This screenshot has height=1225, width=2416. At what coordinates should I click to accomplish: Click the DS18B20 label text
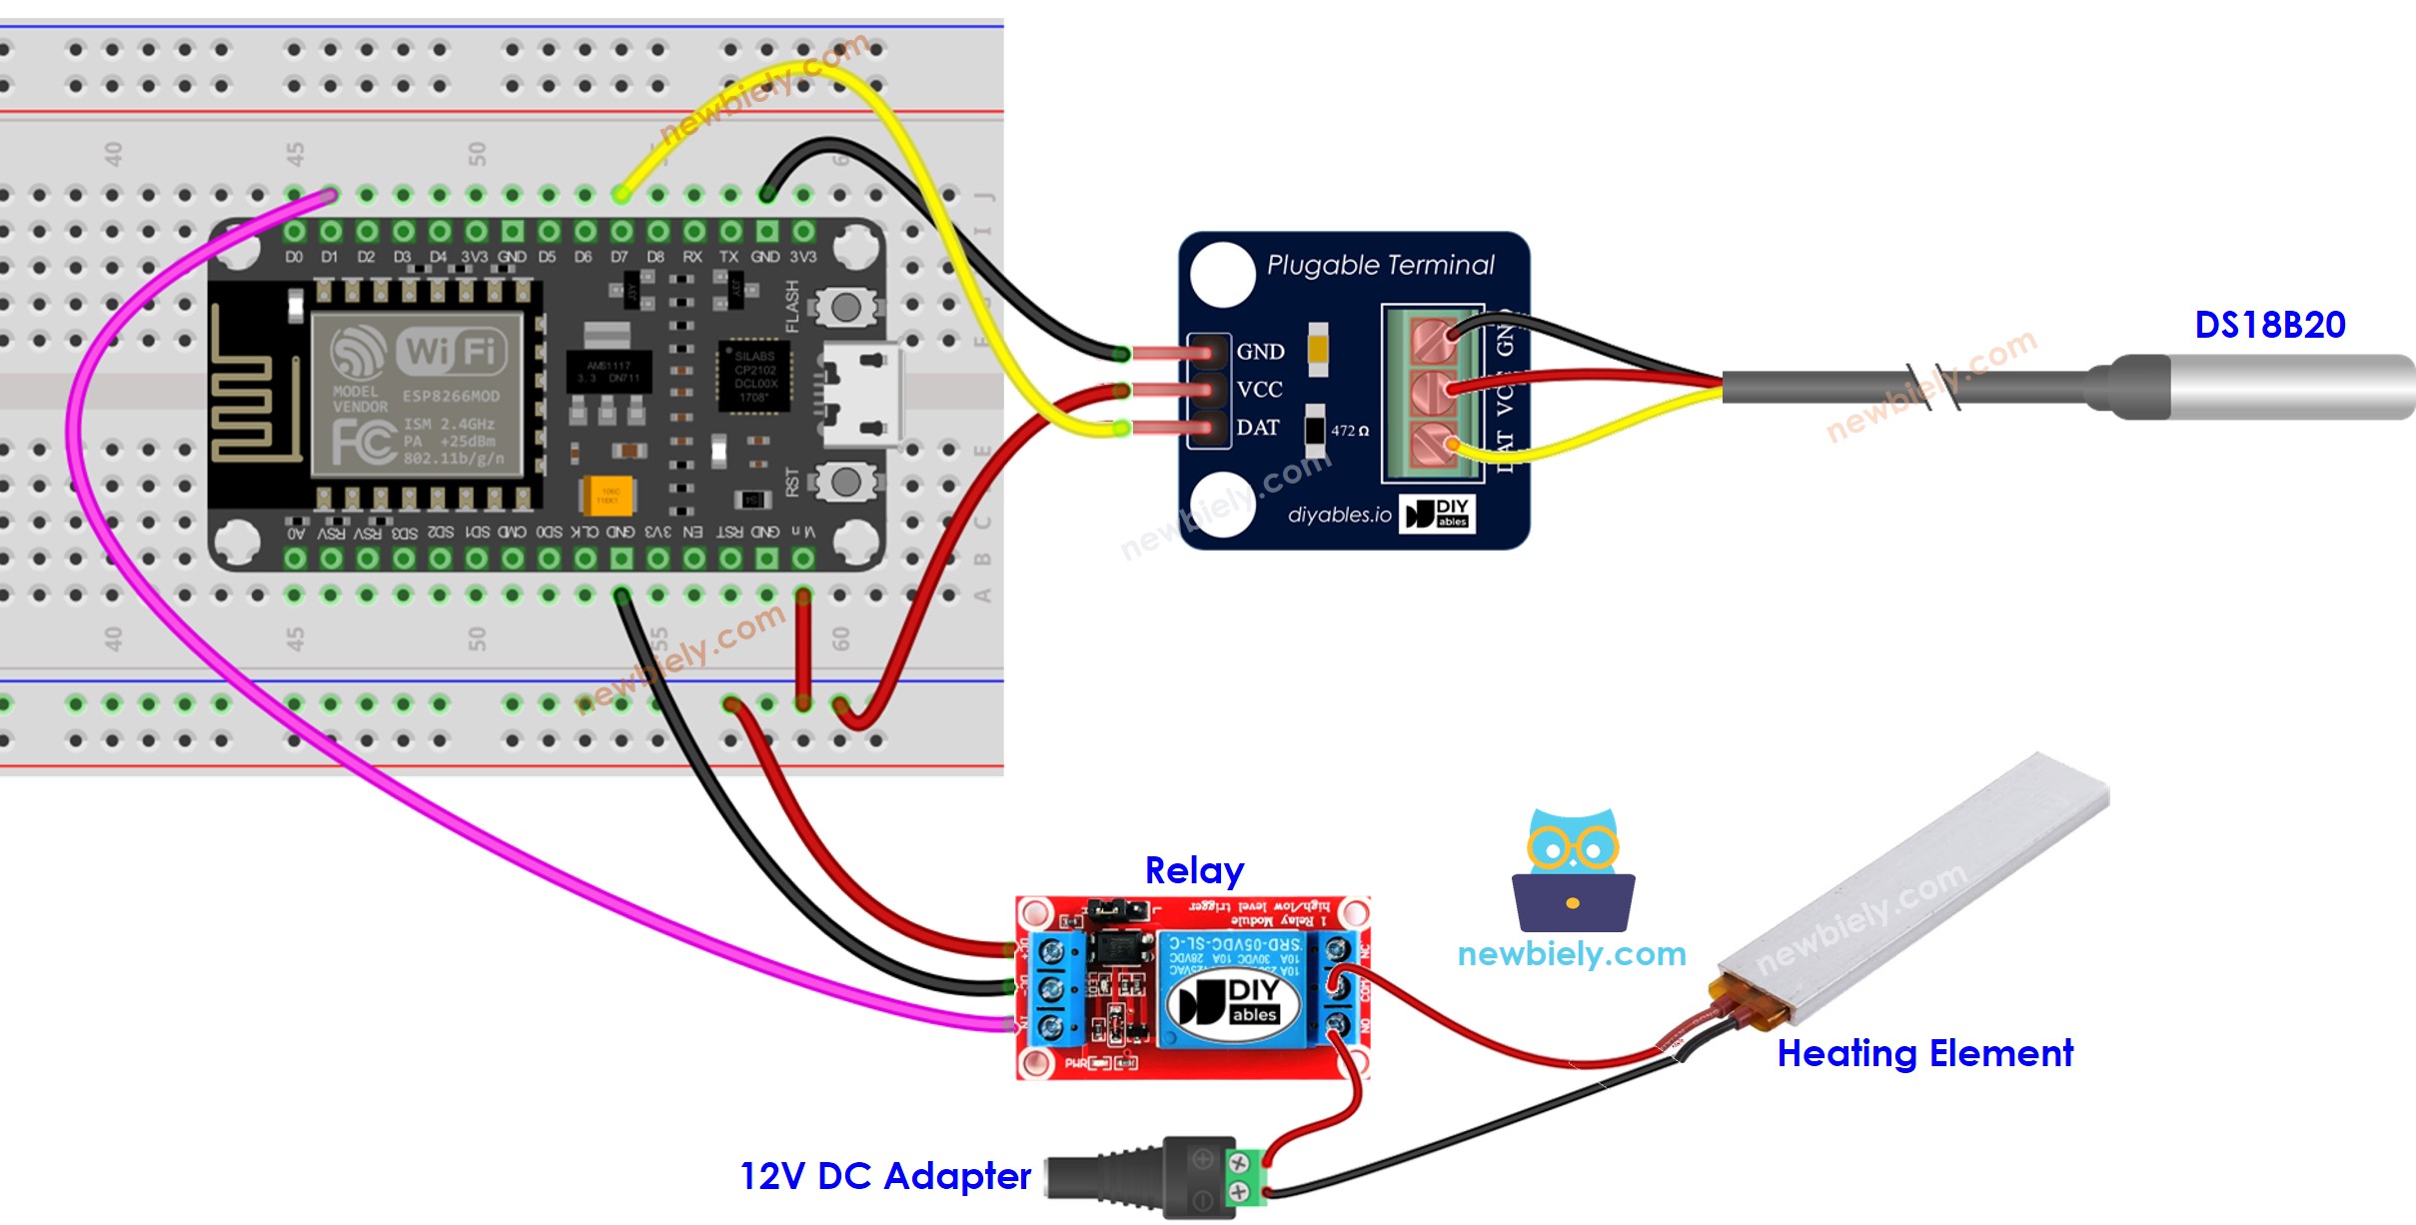2269,325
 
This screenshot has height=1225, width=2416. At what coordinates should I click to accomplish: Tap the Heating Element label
1924,1053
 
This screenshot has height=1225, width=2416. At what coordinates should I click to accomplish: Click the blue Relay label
1194,870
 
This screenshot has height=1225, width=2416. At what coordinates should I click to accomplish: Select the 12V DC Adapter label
885,1176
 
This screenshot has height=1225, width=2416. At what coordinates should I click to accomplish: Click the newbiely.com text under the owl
1572,954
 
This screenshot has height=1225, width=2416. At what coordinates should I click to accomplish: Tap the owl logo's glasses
1573,849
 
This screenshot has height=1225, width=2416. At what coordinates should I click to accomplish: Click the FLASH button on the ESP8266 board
845,308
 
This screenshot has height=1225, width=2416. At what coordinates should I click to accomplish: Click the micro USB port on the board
861,394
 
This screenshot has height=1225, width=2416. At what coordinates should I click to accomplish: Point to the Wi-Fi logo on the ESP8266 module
420,352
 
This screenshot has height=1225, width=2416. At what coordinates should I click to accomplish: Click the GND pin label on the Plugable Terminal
1260,352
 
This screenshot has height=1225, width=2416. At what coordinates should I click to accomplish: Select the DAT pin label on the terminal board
1258,428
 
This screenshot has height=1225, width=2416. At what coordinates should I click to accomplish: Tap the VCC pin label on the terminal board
1259,390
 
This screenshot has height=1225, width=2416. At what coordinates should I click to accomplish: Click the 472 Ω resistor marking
1349,431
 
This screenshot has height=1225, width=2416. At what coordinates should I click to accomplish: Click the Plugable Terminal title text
1380,265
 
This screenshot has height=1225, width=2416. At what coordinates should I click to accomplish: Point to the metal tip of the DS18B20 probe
2298,387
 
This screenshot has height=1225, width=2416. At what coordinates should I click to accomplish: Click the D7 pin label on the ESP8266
619,257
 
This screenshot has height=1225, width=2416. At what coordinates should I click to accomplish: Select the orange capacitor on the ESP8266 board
606,495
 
